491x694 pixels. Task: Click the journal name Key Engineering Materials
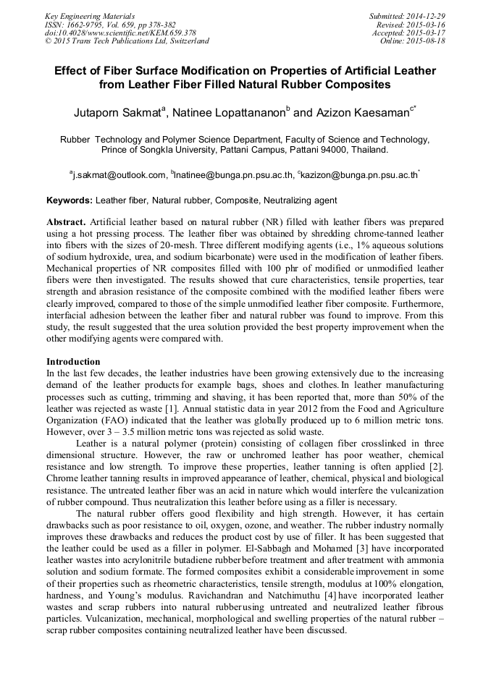click(x=90, y=16)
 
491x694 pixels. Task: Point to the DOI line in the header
click(x=120, y=33)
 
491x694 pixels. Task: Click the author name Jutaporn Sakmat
click(x=119, y=113)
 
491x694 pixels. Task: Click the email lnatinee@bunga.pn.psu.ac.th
click(x=233, y=174)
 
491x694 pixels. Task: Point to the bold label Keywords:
click(x=70, y=200)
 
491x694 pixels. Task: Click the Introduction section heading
click(x=73, y=362)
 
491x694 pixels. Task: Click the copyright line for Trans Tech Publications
click(x=127, y=41)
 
